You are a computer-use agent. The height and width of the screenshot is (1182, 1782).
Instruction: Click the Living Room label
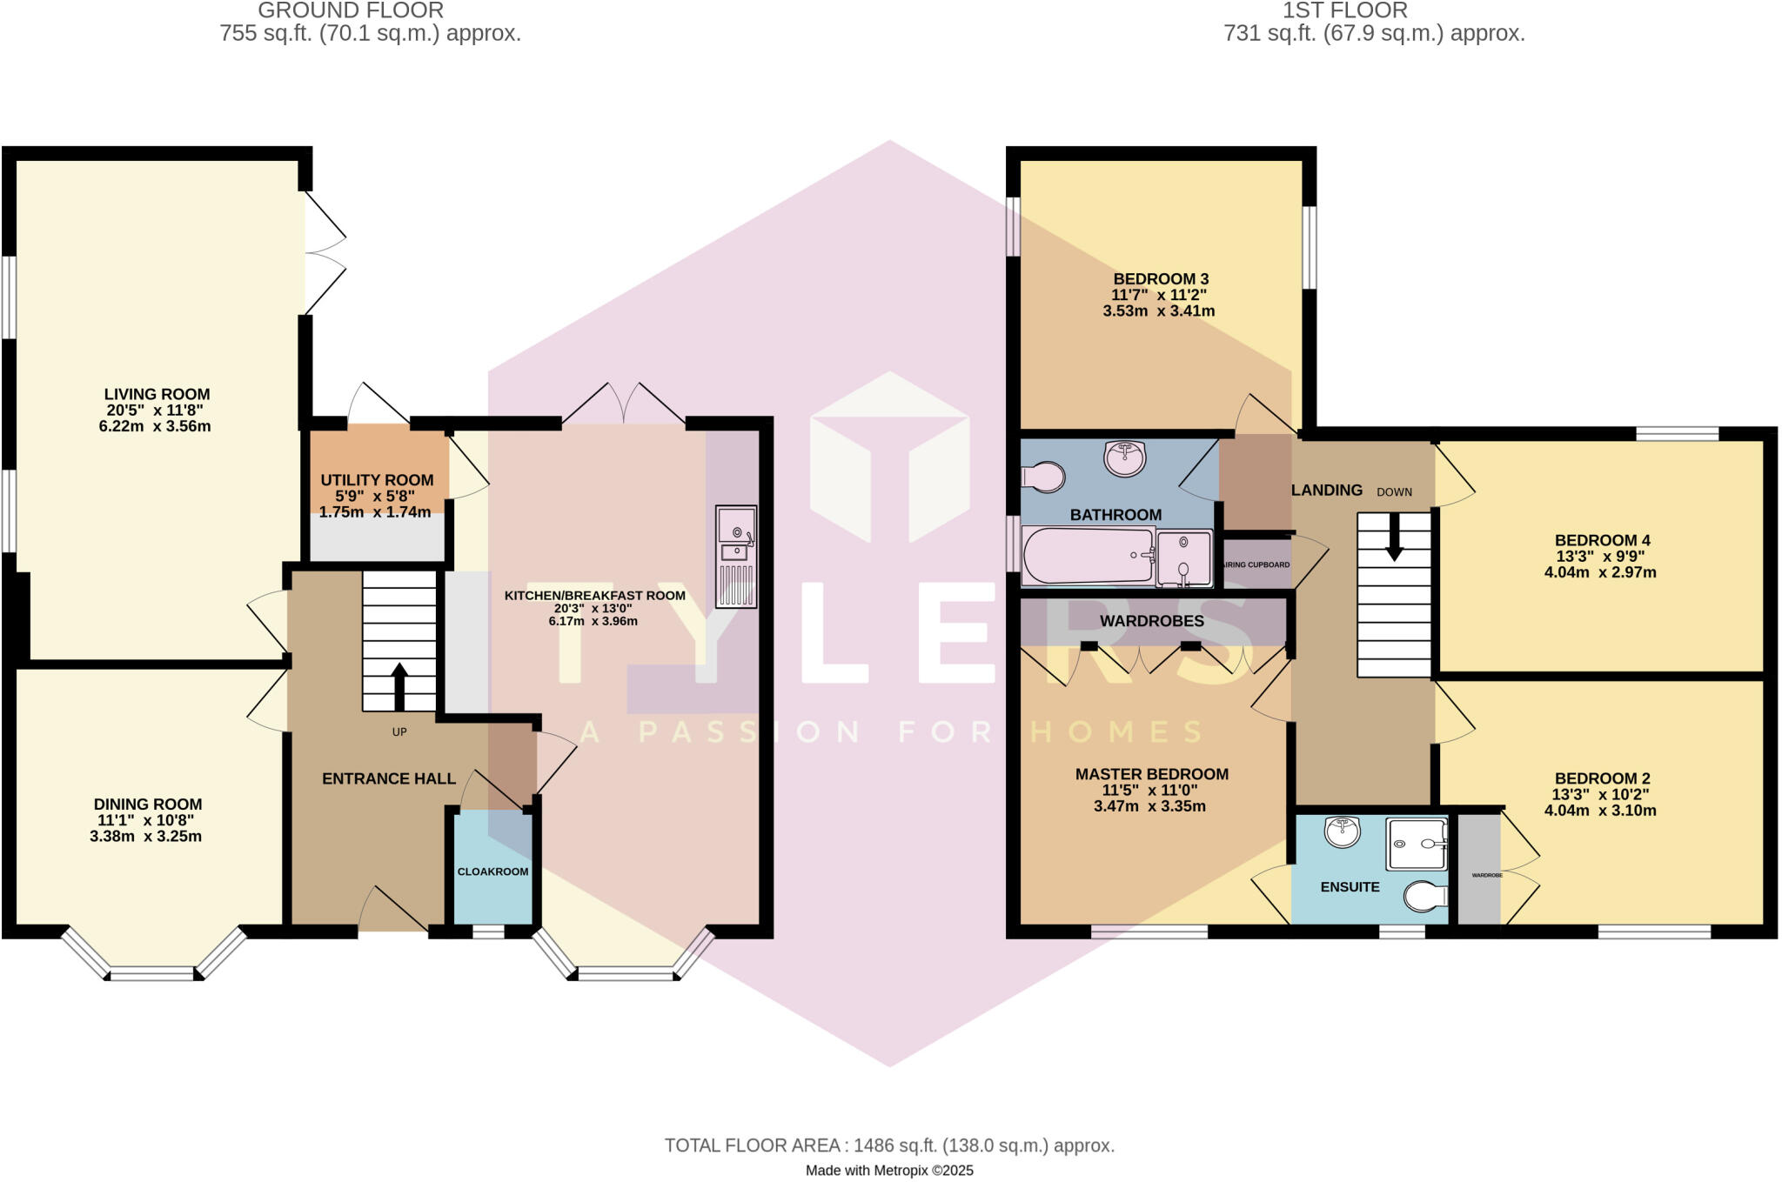tap(157, 394)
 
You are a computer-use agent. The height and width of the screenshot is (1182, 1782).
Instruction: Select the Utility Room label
tap(377, 480)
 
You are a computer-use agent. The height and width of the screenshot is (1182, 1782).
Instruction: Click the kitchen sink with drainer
tap(736, 557)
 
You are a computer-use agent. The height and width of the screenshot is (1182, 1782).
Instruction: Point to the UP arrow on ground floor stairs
tap(399, 687)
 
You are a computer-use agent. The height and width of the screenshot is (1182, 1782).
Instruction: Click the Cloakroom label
tap(493, 871)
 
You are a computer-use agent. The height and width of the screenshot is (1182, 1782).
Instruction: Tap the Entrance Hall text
tap(389, 778)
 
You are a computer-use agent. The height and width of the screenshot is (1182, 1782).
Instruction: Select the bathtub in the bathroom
tap(1088, 556)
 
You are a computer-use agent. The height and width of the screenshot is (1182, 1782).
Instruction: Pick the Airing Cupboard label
tap(1256, 564)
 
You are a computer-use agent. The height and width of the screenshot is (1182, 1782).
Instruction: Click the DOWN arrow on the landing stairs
tap(1394, 538)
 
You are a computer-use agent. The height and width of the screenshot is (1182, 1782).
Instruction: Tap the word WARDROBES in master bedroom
tap(1152, 621)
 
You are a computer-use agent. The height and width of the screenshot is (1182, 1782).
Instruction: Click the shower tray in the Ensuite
tap(1417, 844)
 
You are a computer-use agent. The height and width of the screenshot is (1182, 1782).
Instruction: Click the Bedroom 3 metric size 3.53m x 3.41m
tap(1159, 311)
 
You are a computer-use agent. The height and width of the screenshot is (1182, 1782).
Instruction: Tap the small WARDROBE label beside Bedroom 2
tap(1487, 875)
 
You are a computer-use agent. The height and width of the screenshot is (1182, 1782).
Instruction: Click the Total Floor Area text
tap(889, 1145)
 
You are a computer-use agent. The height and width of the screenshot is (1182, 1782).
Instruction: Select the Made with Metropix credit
tap(889, 1171)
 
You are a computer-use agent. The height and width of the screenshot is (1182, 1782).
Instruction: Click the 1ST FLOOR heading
tap(1345, 10)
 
